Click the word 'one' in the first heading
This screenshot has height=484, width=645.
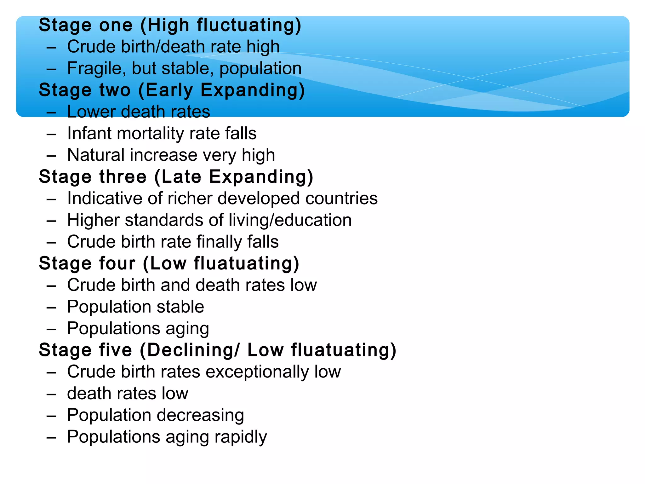[116, 25]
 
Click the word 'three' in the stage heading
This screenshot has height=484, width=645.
[123, 177]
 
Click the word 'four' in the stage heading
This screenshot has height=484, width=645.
[117, 263]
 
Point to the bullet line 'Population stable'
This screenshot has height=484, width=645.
[135, 307]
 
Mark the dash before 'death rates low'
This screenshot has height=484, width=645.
[51, 394]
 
